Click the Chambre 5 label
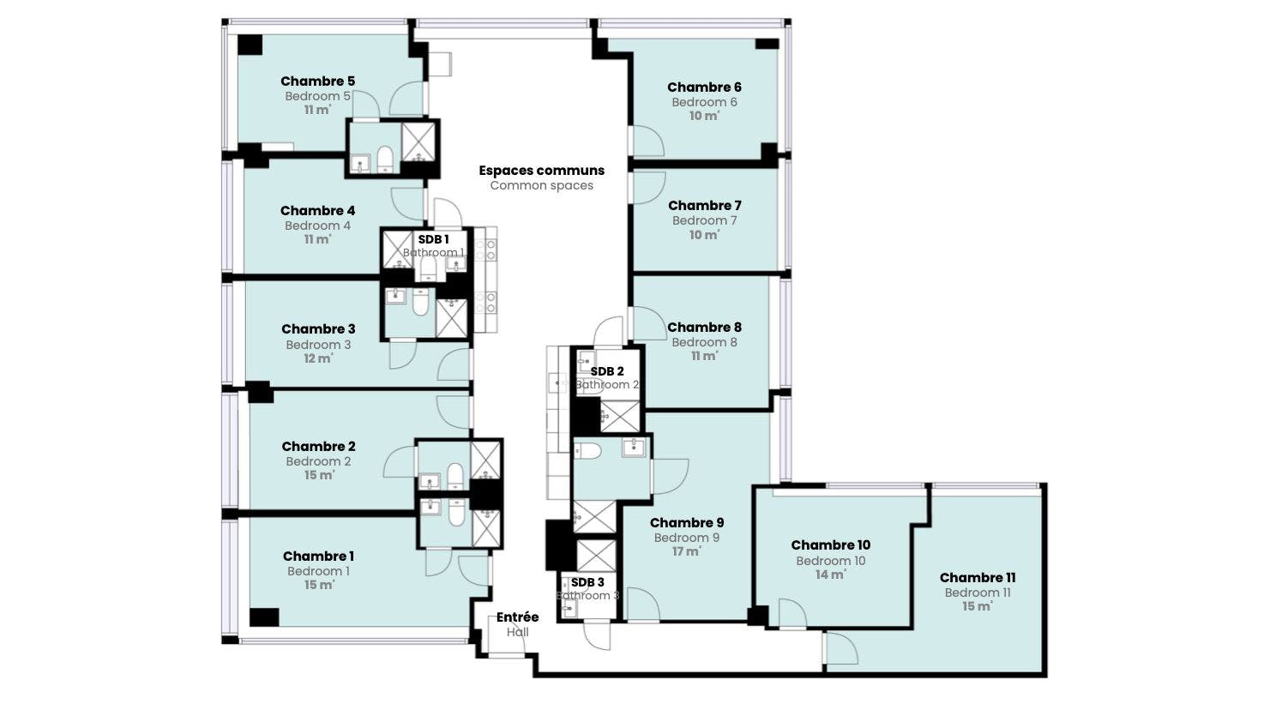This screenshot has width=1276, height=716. click(317, 81)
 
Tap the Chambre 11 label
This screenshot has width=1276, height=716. click(978, 578)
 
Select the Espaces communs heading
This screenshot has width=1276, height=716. click(542, 171)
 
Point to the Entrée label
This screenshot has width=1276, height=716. click(517, 617)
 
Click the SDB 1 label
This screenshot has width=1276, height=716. click(434, 239)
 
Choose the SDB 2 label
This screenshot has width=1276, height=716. click(607, 371)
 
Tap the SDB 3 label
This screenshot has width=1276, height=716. click(587, 582)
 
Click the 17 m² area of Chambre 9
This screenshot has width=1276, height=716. click(686, 551)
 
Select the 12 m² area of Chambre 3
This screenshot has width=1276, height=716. click(318, 358)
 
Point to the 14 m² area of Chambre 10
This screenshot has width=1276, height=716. click(831, 575)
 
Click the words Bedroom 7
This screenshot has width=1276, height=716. click(705, 220)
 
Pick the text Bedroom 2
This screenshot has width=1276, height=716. click(318, 461)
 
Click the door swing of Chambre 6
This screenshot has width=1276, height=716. click(648, 141)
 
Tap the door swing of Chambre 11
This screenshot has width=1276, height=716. click(842, 647)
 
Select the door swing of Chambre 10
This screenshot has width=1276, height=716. click(792, 613)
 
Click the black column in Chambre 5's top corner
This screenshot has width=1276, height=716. click(250, 45)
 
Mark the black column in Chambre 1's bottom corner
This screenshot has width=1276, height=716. click(264, 617)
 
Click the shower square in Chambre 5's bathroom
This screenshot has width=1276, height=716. click(418, 141)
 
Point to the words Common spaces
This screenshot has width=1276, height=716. click(542, 186)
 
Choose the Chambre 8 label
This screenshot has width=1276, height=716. click(705, 328)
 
